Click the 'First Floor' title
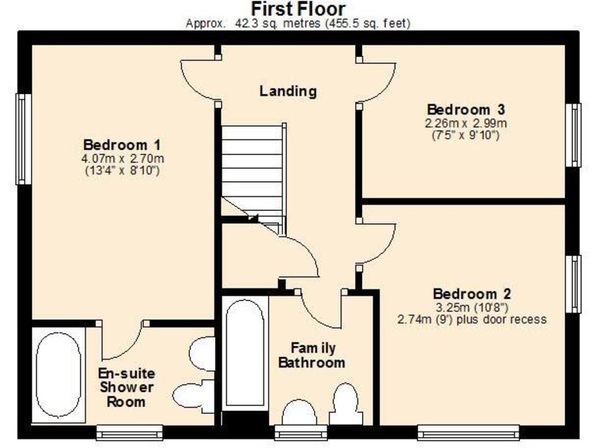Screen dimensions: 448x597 (x=298, y=9)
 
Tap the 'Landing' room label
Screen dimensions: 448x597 (x=288, y=91)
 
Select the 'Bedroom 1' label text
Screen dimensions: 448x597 (x=122, y=145)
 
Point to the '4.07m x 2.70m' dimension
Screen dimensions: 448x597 (x=122, y=159)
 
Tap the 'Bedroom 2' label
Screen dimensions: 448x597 (x=472, y=294)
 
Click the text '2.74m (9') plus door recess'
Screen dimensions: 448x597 (x=472, y=319)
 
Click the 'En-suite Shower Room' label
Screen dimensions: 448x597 (x=125, y=387)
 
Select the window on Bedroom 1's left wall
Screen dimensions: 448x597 (x=23, y=140)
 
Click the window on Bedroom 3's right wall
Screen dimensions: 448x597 (x=574, y=135)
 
